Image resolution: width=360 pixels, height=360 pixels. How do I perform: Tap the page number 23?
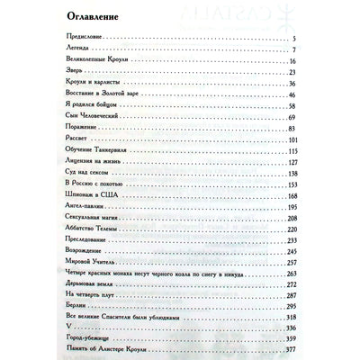click(x=293, y=70)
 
